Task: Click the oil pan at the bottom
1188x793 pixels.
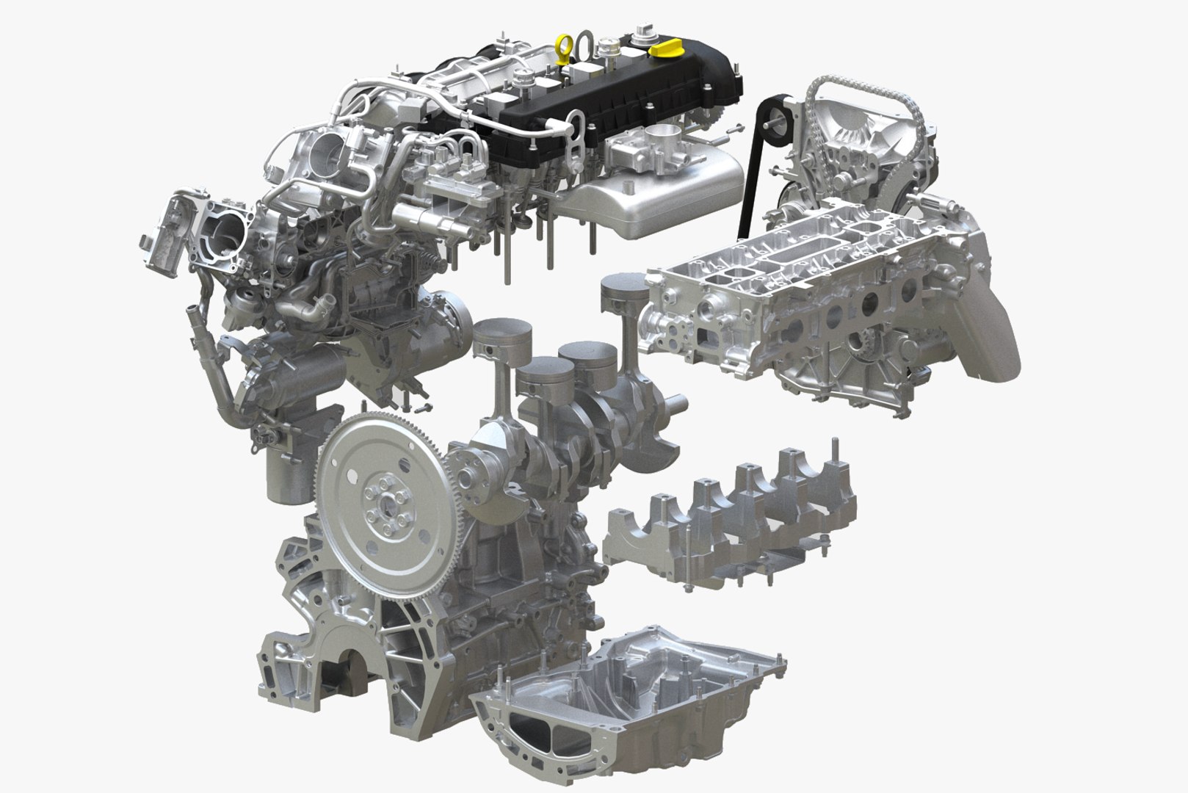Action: tap(624, 705)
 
